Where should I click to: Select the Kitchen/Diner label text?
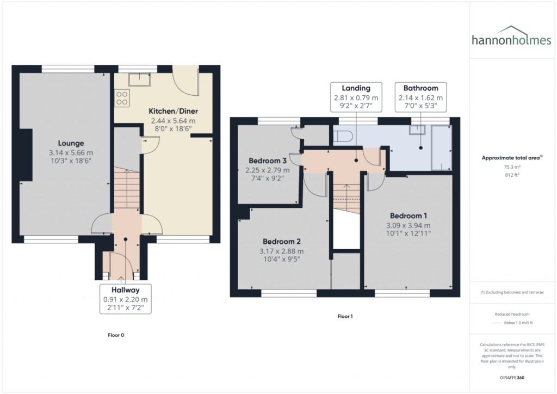[x=173, y=111]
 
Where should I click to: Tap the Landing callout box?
[x=356, y=97]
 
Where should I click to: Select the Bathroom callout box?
[x=420, y=97]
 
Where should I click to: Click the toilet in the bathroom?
[x=343, y=135]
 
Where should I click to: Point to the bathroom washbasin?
[x=418, y=129]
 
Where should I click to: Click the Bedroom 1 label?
[x=408, y=216]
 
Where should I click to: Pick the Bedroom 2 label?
[x=282, y=241]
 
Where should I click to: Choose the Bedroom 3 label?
[x=268, y=161]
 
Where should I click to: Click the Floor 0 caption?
[x=116, y=335]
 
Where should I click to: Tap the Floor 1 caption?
[x=345, y=316]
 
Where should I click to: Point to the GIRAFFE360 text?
[x=512, y=377]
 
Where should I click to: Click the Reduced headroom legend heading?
[x=512, y=314]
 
